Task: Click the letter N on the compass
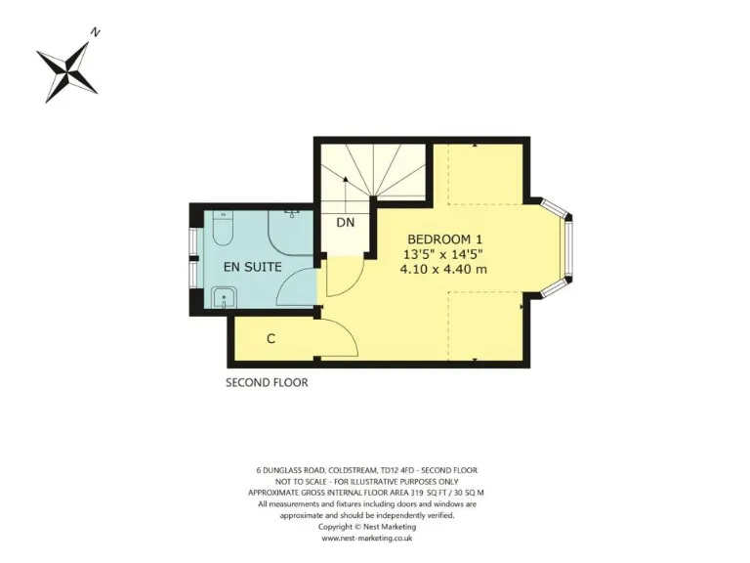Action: (x=95, y=32)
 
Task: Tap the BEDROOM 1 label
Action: (x=444, y=239)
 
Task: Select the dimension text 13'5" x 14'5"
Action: (x=444, y=254)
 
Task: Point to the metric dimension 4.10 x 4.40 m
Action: (x=444, y=270)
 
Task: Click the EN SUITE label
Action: (x=252, y=266)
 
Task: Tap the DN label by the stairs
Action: (x=345, y=223)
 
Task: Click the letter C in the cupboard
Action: (x=271, y=339)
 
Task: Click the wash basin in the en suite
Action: (x=224, y=298)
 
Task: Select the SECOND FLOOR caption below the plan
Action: (x=267, y=382)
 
